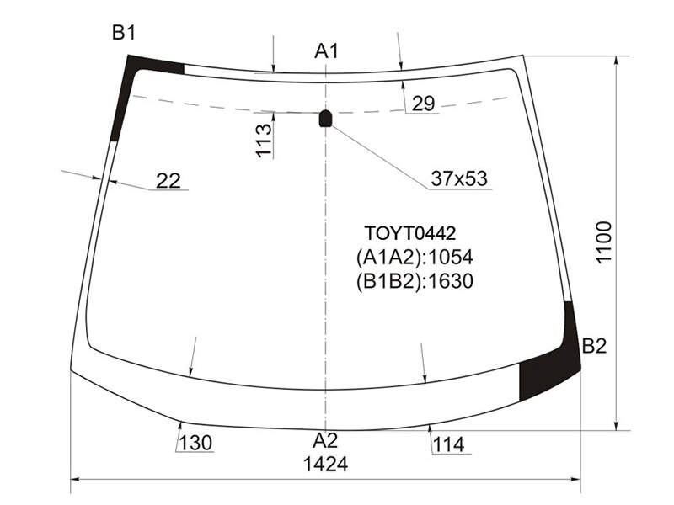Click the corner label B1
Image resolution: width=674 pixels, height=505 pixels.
coord(124,32)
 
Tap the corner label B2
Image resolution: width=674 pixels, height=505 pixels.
coord(594,346)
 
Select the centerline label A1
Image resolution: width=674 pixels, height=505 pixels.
coord(326,50)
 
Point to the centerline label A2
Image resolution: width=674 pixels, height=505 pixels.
coord(325,440)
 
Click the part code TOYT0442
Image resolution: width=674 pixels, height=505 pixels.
coord(409,233)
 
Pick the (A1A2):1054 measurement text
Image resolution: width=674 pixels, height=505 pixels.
coord(415,258)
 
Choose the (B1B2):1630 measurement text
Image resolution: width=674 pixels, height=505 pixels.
coord(415,281)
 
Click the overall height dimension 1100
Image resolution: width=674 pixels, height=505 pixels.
coord(603,242)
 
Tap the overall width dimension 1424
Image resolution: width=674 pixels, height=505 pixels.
coord(325,465)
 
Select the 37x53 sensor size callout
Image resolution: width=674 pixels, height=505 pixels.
coord(459,178)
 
